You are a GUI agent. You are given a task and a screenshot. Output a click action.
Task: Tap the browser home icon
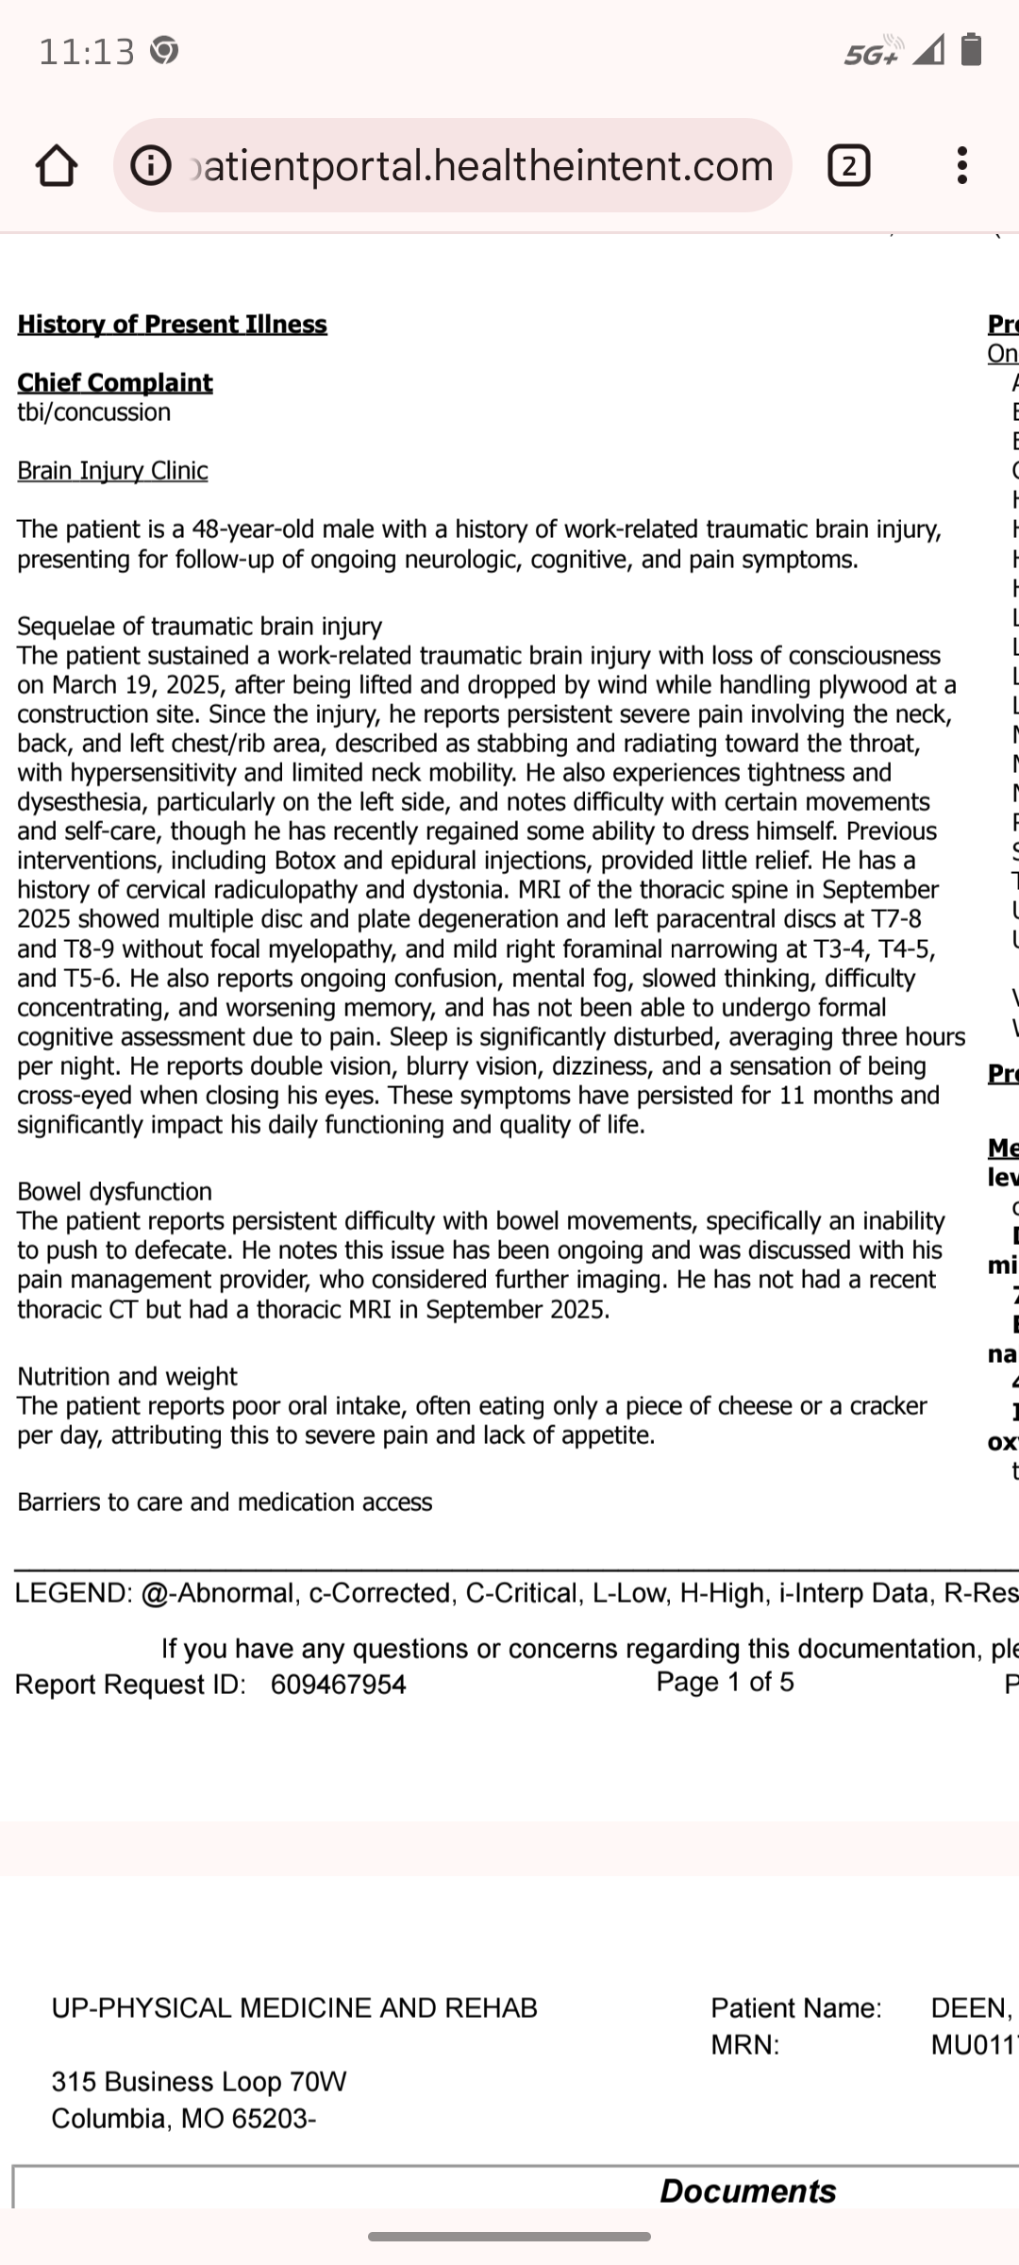[x=56, y=166]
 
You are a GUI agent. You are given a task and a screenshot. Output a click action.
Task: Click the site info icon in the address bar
[x=151, y=166]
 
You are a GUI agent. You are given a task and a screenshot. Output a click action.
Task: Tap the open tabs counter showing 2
[x=848, y=166]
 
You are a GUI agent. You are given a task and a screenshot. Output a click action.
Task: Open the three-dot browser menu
[x=961, y=166]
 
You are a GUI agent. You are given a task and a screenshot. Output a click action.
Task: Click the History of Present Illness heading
[x=172, y=325]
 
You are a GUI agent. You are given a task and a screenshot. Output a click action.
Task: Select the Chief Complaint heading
[x=115, y=382]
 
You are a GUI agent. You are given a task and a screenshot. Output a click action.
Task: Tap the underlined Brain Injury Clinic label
[x=112, y=471]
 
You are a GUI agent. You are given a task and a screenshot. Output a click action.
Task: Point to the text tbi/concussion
[x=94, y=412]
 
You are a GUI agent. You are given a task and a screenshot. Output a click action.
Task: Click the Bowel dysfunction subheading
[x=114, y=1192]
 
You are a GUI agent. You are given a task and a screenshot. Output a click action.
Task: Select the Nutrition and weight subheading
[x=127, y=1377]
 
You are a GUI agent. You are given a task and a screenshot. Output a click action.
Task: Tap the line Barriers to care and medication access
[x=225, y=1502]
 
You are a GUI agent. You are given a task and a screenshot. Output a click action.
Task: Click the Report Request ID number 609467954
[x=338, y=1685]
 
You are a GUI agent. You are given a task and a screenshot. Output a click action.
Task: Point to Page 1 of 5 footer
[x=725, y=1682]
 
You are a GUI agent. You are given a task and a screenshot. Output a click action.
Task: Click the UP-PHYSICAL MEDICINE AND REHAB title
[x=294, y=2007]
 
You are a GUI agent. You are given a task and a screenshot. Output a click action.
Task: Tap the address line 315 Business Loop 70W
[x=199, y=2081]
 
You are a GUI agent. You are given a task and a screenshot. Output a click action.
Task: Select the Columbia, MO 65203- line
[x=184, y=2119]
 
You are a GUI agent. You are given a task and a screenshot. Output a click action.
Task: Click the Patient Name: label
[x=796, y=2007]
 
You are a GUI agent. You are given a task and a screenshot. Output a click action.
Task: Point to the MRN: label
[x=745, y=2045]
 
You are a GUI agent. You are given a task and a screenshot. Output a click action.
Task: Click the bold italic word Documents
[x=747, y=2190]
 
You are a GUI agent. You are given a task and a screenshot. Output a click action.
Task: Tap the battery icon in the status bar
[x=971, y=49]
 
